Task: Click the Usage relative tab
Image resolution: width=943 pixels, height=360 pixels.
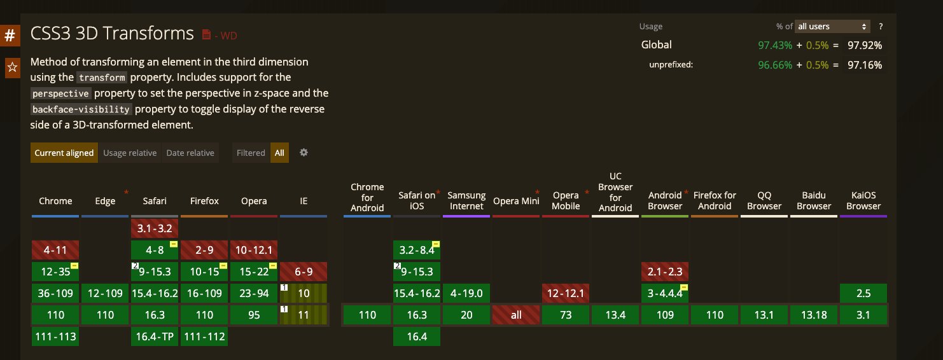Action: coord(130,153)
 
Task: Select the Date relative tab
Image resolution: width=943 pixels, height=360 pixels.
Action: coord(190,153)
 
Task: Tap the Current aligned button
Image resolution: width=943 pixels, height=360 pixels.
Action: coord(64,153)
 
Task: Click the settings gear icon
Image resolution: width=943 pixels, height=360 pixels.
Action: coord(304,153)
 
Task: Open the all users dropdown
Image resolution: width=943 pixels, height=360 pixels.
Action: coord(832,27)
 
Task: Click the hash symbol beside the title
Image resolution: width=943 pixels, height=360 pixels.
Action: coord(10,35)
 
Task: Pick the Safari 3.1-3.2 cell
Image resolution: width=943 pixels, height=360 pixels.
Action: coord(155,228)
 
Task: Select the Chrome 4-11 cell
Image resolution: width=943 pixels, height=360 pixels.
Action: coord(55,250)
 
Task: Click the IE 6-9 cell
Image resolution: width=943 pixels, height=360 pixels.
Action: coord(304,272)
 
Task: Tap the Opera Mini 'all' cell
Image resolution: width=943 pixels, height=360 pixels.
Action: coord(516,315)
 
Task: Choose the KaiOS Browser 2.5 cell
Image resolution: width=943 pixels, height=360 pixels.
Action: coord(863,293)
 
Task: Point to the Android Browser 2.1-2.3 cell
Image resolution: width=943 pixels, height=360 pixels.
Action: coord(665,272)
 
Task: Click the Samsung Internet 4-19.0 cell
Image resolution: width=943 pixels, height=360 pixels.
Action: coord(466,293)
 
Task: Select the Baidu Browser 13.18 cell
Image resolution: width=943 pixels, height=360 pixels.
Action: coord(814,315)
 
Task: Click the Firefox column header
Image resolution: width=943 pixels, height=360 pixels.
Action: coord(204,201)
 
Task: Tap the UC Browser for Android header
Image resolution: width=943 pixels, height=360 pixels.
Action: coord(615,191)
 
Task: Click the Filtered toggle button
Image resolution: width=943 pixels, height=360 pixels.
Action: coord(251,153)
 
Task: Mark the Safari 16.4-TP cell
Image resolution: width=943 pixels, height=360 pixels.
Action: coord(155,336)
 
